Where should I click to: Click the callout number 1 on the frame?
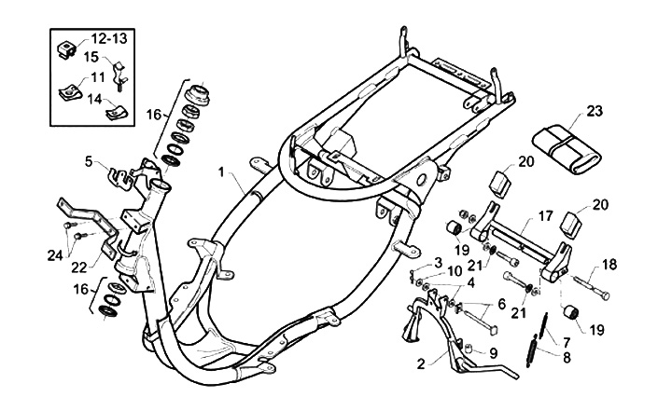click(x=221, y=172)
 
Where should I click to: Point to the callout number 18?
click(x=609, y=266)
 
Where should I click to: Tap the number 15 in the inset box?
click(x=91, y=57)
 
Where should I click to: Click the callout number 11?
click(x=98, y=77)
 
